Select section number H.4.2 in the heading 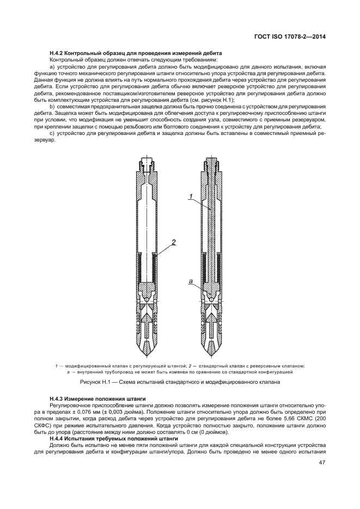click(x=58, y=53)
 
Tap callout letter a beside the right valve click(x=191, y=281)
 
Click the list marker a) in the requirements click(x=52, y=66)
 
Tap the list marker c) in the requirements click(x=52, y=133)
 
